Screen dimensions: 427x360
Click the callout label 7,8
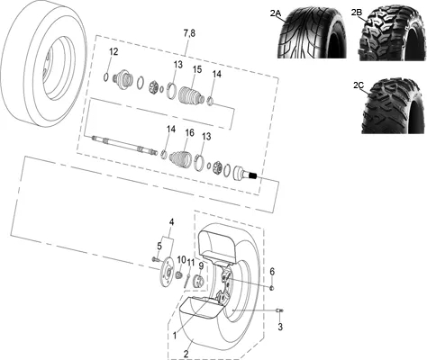189,33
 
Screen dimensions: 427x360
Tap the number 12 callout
114,51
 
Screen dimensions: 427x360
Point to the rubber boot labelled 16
180,158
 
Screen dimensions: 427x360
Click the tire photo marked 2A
312,33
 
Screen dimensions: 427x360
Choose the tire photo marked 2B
393,33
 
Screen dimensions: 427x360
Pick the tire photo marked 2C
395,106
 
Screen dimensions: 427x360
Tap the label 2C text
359,85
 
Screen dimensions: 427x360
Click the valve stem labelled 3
279,311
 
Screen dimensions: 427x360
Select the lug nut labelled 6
272,288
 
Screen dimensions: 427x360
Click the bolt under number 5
155,258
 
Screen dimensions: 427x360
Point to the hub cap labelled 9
198,281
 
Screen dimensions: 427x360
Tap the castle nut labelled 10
179,274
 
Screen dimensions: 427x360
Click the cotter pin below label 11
187,281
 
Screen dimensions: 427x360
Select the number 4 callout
171,222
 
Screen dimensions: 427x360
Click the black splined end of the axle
253,175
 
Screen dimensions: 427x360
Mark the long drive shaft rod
124,145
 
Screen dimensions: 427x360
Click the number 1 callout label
175,335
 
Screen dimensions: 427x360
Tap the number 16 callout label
189,133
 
